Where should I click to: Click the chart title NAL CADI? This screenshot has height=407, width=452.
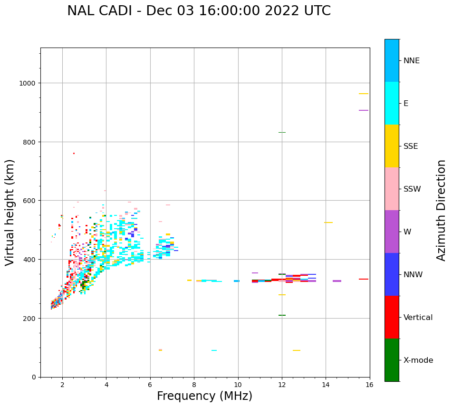pos(199,11)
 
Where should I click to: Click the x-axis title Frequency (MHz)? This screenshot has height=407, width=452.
pos(204,396)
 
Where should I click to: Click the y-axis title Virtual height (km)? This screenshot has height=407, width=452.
pos(10,212)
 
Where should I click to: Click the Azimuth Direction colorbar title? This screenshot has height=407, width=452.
pos(442,210)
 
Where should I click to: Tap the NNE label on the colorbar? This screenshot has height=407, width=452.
pos(412,61)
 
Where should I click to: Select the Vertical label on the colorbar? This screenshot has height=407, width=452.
pos(418,318)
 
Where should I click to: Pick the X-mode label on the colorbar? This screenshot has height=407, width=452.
pos(418,360)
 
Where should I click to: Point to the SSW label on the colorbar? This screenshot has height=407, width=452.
pos(412,189)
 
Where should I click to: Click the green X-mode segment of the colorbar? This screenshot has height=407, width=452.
pos(392,360)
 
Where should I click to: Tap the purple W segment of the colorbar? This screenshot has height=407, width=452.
pos(392,232)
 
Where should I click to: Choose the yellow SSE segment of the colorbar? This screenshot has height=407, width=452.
pos(392,146)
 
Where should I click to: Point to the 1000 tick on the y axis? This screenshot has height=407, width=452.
pos(29,83)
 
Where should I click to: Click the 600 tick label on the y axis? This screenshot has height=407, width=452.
pos(30,201)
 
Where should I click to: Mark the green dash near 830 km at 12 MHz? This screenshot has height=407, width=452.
pos(282,133)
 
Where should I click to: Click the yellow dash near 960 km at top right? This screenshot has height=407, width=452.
pos(364,94)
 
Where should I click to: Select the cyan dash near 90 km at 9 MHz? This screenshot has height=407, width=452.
pos(214,350)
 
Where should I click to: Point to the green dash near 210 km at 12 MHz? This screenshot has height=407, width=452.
pos(282,315)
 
